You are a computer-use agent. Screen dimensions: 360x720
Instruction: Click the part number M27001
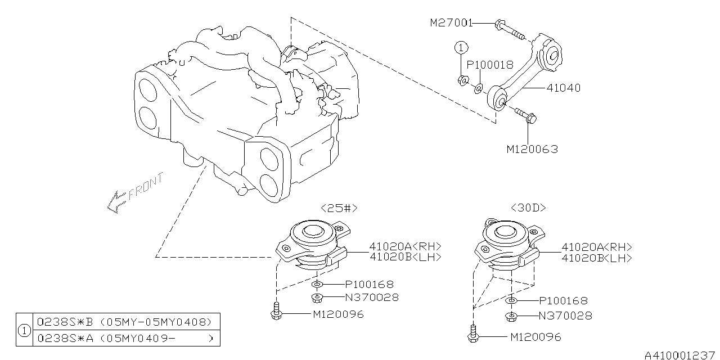(451, 23)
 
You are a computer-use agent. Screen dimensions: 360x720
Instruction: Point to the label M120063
(532, 149)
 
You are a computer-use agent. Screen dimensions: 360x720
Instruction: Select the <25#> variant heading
(339, 208)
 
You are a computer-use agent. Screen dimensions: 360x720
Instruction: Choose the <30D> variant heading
(528, 208)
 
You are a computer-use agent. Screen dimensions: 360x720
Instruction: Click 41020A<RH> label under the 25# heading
(405, 246)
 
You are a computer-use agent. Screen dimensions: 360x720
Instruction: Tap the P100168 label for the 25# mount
(368, 285)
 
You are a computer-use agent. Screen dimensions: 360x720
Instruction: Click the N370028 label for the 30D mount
(565, 316)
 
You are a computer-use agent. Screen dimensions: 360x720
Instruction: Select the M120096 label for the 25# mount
(338, 314)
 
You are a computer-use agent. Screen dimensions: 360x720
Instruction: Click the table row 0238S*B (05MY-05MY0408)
(124, 322)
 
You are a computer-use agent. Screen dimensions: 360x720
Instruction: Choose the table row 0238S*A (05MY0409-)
(124, 338)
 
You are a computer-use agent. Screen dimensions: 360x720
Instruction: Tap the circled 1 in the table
(25, 330)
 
